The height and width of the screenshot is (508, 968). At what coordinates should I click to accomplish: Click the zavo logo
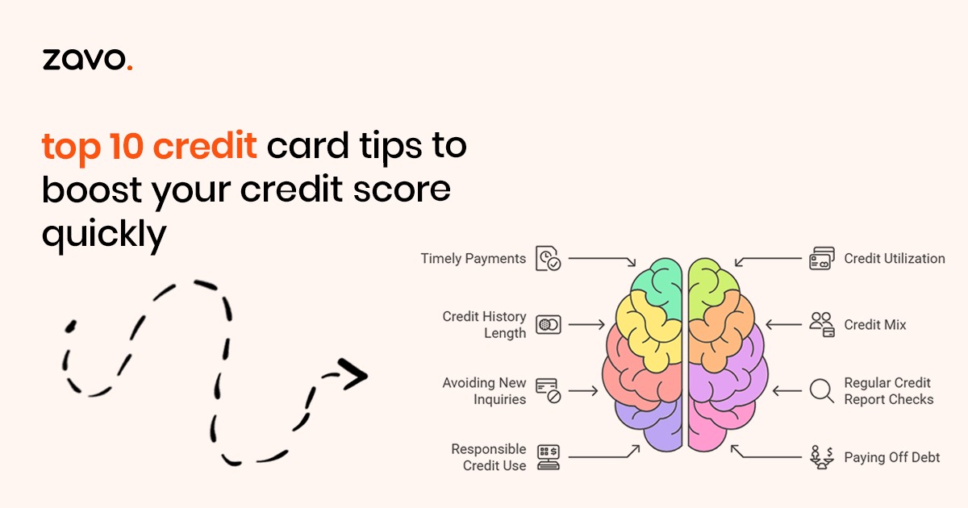[x=87, y=59]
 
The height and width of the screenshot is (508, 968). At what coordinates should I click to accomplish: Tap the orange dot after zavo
[x=130, y=67]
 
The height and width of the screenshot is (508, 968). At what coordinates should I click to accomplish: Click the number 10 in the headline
[x=126, y=145]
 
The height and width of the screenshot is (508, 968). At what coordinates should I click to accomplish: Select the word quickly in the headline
[x=104, y=234]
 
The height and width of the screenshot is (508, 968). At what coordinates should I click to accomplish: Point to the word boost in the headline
[x=92, y=189]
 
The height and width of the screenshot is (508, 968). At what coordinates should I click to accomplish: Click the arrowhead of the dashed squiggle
[x=353, y=374]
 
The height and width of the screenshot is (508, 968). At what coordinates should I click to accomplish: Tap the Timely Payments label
[x=474, y=258]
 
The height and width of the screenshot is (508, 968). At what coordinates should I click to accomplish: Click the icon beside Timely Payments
[x=548, y=258]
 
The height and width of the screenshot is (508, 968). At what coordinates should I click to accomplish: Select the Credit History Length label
[x=485, y=324]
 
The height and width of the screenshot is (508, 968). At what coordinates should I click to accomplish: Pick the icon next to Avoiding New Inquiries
[x=548, y=391]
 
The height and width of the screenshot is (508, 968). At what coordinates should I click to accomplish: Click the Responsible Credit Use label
[x=489, y=457]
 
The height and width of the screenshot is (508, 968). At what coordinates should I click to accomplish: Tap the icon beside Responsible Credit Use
[x=549, y=457]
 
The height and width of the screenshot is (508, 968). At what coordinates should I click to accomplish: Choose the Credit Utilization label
[x=895, y=258]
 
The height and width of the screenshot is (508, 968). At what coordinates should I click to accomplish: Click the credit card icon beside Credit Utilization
[x=821, y=258]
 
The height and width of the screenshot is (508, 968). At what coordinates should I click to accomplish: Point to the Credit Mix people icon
[x=821, y=324]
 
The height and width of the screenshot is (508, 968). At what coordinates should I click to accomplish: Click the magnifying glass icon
[x=821, y=391]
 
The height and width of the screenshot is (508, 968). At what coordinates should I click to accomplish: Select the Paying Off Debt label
[x=892, y=457]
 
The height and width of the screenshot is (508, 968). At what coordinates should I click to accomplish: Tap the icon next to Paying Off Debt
[x=821, y=457]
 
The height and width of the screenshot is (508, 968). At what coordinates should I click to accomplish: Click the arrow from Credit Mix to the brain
[x=783, y=324]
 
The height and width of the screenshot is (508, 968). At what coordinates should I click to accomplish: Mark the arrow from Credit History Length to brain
[x=586, y=324]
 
